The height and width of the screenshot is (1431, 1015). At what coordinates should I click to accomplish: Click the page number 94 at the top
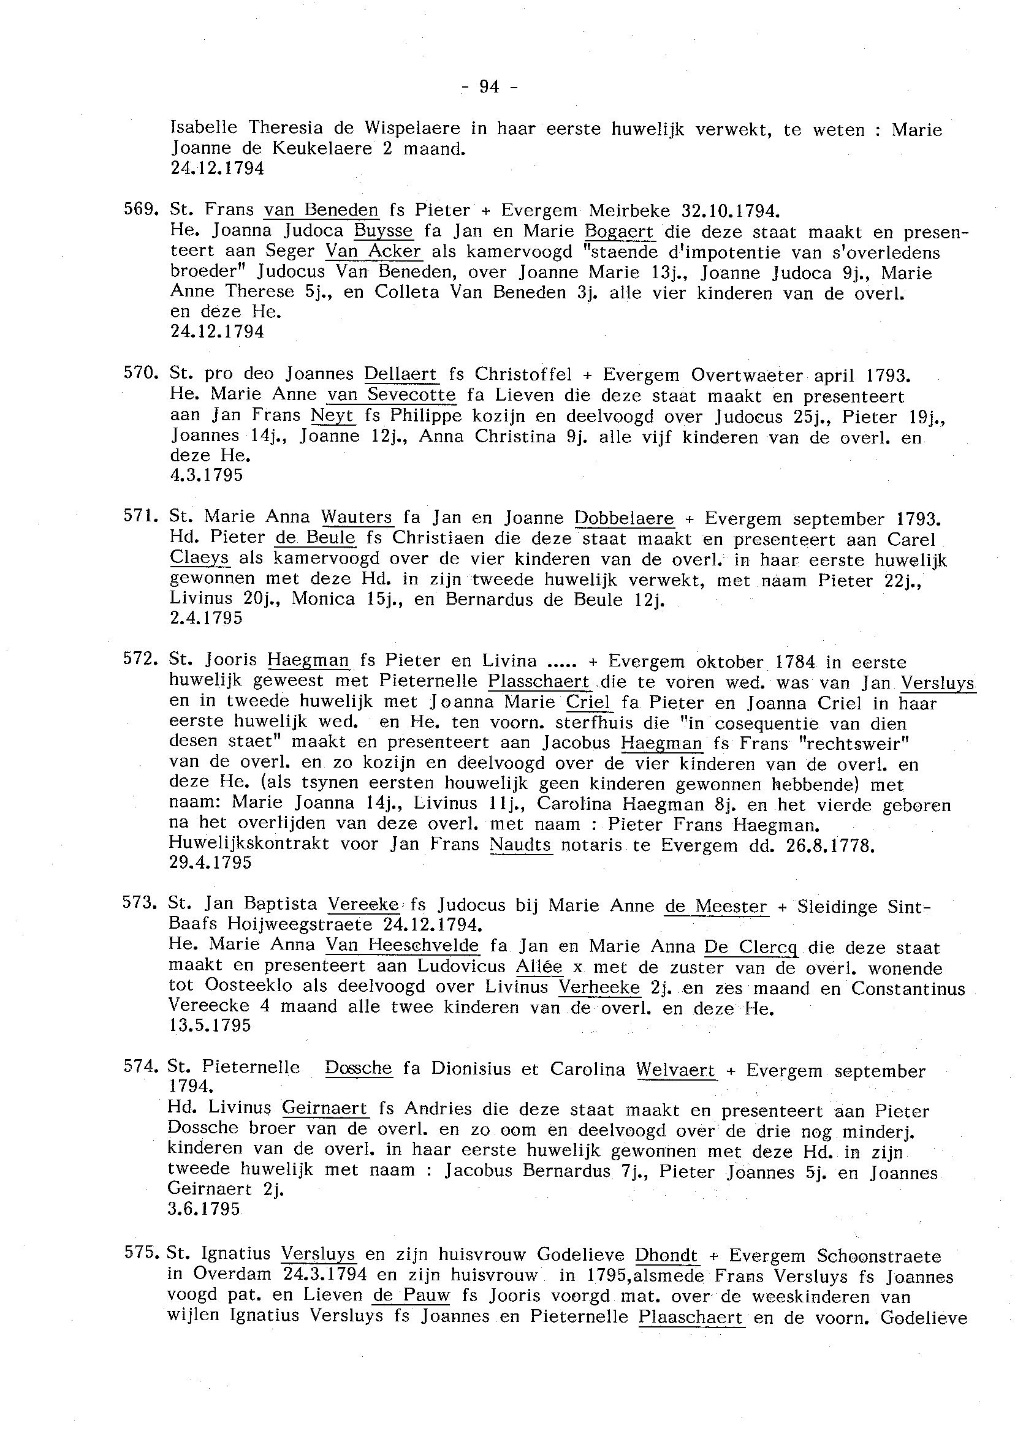pos(489,87)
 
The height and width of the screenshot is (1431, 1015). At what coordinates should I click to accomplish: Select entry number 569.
pos(139,209)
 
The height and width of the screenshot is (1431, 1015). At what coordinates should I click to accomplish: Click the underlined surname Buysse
pos(383,231)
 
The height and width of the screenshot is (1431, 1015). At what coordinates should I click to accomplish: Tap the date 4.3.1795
pos(207,475)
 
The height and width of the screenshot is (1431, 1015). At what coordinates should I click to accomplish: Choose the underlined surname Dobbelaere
pos(624,518)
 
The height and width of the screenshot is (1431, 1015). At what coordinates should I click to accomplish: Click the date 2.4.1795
pos(207,618)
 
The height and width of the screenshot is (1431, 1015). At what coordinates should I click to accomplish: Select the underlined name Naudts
pos(521,845)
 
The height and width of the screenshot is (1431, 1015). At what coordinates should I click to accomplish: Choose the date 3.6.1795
pos(203,1209)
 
